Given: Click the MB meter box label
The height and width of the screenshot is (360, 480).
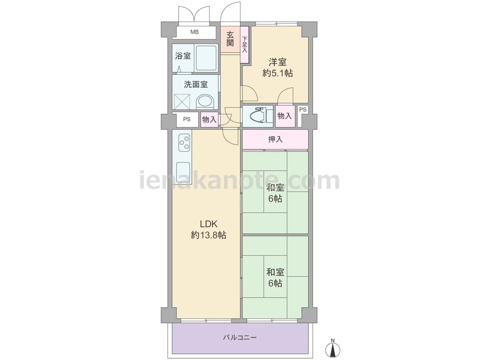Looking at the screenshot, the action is (194, 32).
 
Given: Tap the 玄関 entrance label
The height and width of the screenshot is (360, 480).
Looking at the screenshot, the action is (230, 39).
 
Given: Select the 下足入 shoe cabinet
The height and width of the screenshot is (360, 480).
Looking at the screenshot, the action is (245, 45).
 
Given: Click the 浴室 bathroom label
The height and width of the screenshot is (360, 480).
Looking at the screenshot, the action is (183, 56).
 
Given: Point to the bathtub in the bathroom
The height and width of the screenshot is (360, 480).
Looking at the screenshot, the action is (206, 58).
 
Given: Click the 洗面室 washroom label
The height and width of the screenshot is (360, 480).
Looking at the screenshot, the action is (196, 84).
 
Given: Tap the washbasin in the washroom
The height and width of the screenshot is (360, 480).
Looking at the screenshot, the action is (205, 101).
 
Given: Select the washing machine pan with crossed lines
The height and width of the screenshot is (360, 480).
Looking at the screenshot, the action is (182, 101).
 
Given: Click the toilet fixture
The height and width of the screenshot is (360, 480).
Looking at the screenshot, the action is (259, 115).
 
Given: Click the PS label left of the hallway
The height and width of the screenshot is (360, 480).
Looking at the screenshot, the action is (187, 120).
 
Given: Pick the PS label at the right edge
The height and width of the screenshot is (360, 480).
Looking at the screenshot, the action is (303, 109).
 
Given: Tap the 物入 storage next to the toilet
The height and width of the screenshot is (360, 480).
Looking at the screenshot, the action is (285, 116).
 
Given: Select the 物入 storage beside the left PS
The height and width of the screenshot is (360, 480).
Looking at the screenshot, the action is (209, 120).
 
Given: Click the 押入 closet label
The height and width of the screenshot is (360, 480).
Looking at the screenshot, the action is (276, 140).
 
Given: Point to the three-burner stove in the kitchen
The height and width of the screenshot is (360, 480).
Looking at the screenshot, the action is (185, 143).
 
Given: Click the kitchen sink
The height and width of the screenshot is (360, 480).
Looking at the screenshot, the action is (184, 172).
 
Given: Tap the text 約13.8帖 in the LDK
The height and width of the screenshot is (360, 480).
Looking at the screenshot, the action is (209, 235).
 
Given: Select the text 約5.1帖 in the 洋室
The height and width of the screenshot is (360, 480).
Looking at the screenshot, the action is (277, 73).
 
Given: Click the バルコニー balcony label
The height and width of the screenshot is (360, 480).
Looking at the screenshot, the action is (240, 337).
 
